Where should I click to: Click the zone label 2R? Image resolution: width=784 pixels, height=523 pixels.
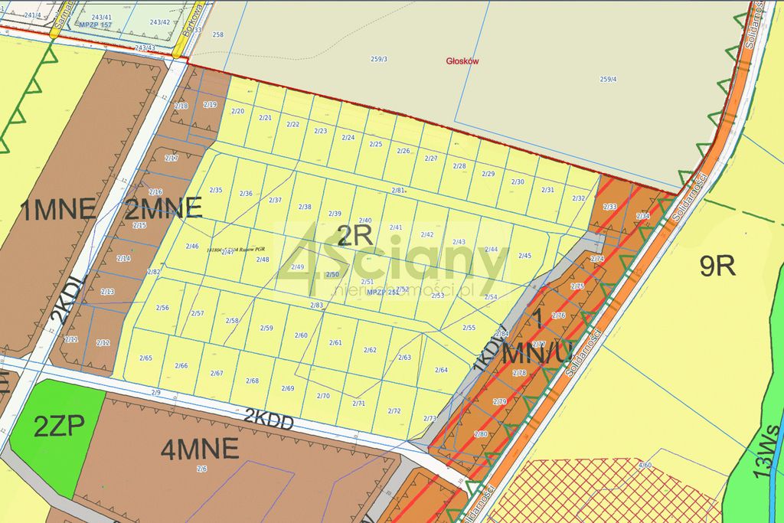pyautogui.click(x=354, y=237)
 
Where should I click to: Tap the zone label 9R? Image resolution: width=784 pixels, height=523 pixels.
pyautogui.click(x=717, y=265)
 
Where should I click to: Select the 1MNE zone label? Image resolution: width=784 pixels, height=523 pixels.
pyautogui.click(x=58, y=209)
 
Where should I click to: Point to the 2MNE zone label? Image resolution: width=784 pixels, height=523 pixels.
pyautogui.click(x=163, y=208)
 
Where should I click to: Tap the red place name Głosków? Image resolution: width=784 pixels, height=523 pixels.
pyautogui.click(x=462, y=61)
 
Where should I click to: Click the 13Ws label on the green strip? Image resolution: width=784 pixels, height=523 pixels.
pyautogui.click(x=769, y=452)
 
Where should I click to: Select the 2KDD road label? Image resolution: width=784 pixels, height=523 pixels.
pyautogui.click(x=269, y=418)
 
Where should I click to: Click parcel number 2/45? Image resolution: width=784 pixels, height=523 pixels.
pyautogui.click(x=524, y=256)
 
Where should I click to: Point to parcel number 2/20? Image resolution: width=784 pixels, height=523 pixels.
pyautogui.click(x=237, y=111)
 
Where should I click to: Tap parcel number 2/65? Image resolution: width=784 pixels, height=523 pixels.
pyautogui.click(x=145, y=358)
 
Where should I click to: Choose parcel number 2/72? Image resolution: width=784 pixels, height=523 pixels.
pyautogui.click(x=394, y=411)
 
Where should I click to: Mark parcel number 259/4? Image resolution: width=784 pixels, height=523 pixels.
pyautogui.click(x=608, y=79)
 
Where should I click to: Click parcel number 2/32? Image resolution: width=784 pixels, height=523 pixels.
pyautogui.click(x=579, y=198)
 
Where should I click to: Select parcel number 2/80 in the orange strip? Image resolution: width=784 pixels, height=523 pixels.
pyautogui.click(x=481, y=433)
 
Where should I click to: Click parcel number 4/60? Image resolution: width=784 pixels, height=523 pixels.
pyautogui.click(x=645, y=465)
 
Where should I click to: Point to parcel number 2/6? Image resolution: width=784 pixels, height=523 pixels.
pyautogui.click(x=202, y=469)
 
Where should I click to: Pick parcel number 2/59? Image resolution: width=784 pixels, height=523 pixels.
pyautogui.click(x=266, y=328)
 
